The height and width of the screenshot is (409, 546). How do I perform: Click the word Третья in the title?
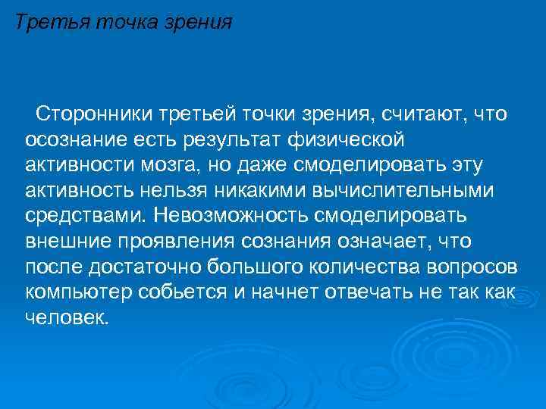click(51, 21)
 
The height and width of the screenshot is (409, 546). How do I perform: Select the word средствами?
click(83, 215)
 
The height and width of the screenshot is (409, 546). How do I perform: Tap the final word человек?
click(68, 317)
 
